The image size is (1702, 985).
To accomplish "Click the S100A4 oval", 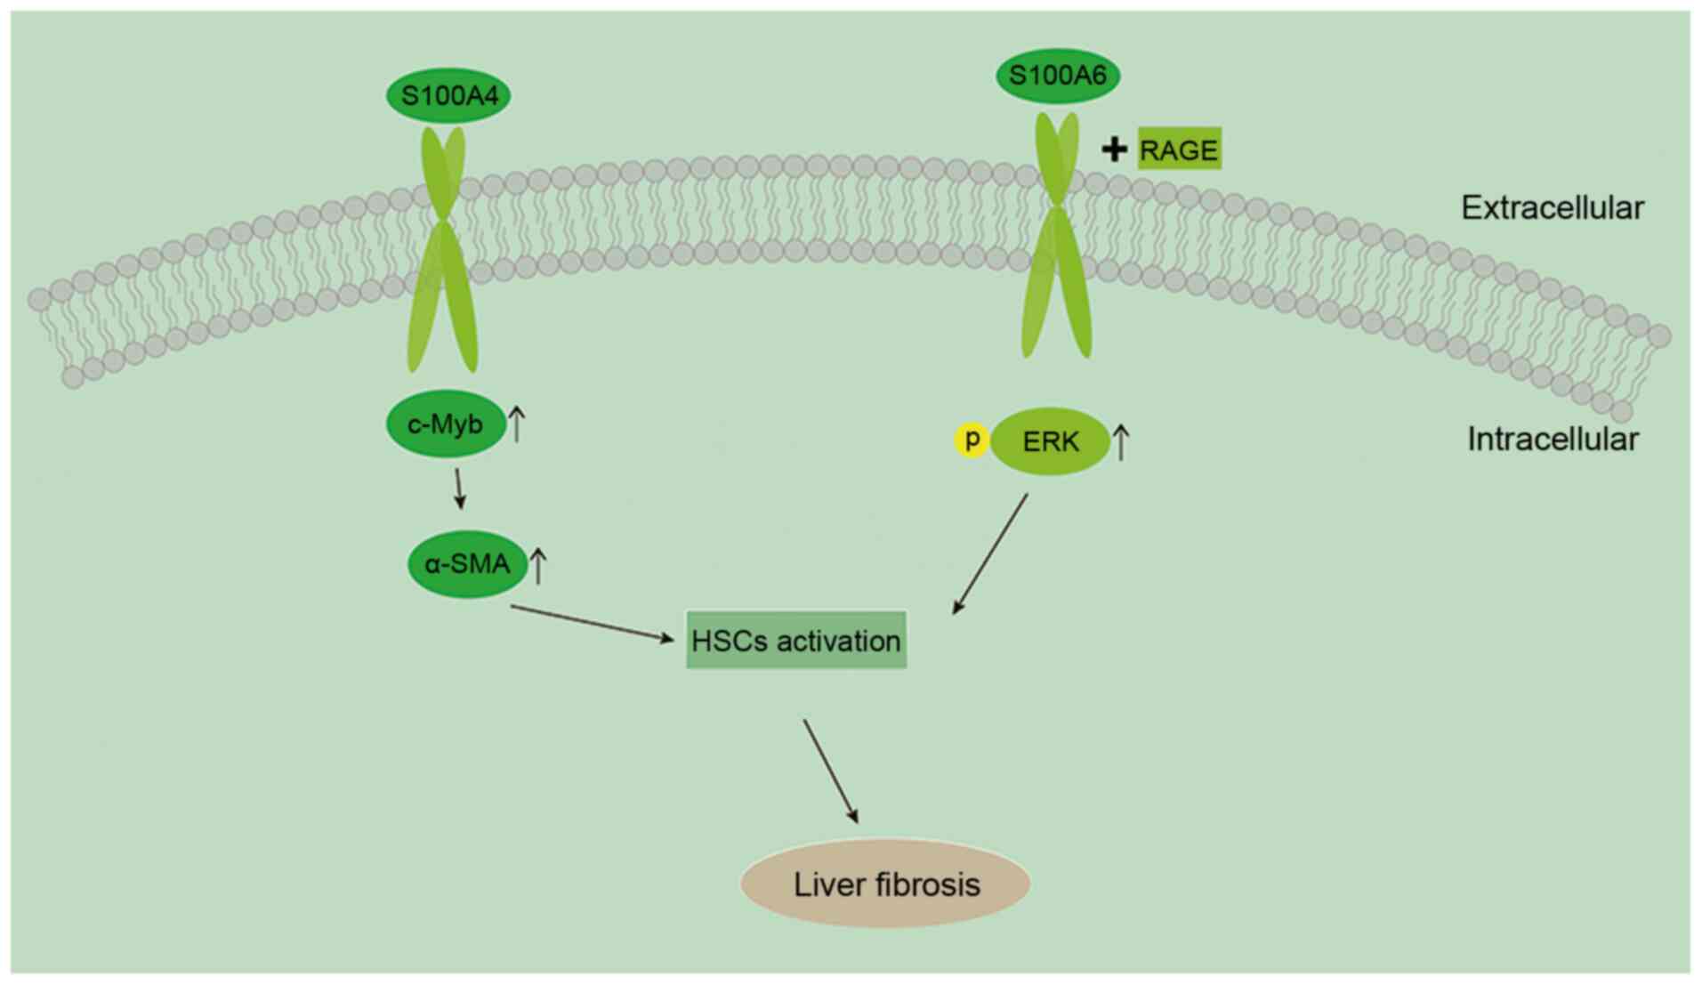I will (448, 95).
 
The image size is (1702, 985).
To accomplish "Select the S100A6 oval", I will (1057, 76).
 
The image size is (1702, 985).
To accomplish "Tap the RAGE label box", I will (1179, 149).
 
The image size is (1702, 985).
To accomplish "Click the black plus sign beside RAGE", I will (1114, 149).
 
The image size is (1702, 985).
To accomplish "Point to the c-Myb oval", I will (445, 424).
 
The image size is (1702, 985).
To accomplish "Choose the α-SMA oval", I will (467, 563).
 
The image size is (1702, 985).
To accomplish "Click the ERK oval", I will (1051, 441).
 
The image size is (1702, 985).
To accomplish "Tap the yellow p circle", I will (972, 440).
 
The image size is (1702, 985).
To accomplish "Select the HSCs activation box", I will (796, 640).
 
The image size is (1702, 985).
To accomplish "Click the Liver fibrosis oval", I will (885, 884).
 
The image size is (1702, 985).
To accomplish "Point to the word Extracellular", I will (1552, 207).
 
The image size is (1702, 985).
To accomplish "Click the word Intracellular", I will (1553, 439).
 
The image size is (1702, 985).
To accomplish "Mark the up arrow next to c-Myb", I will (516, 424).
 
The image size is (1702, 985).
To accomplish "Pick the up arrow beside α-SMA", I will (538, 565).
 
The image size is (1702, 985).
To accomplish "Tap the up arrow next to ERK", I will (1121, 441).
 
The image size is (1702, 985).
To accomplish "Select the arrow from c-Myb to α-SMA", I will (459, 488).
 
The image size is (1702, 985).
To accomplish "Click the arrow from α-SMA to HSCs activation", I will (592, 623).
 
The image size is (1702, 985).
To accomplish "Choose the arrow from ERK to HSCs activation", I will (990, 554).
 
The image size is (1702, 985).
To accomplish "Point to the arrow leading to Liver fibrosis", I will (831, 771).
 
